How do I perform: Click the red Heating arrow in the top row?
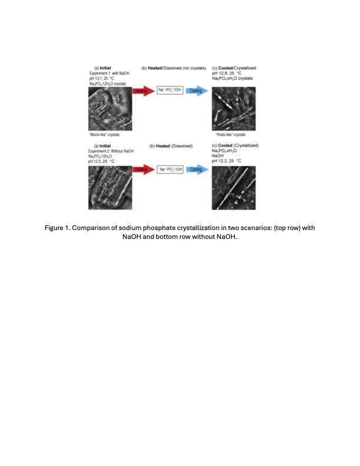point(142,91)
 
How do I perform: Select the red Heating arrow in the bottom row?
point(142,169)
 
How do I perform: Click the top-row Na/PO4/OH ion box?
point(169,91)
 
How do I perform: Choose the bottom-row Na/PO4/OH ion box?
point(169,169)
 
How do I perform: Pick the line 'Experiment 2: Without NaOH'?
point(111,151)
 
